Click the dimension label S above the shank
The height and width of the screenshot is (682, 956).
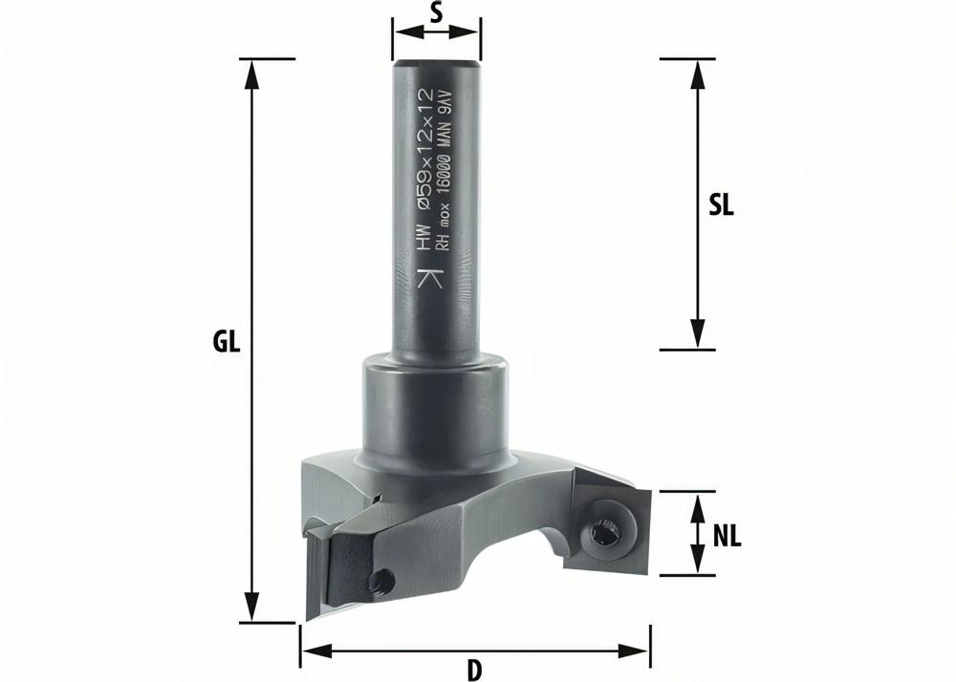436,13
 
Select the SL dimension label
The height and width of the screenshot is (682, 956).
721,205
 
